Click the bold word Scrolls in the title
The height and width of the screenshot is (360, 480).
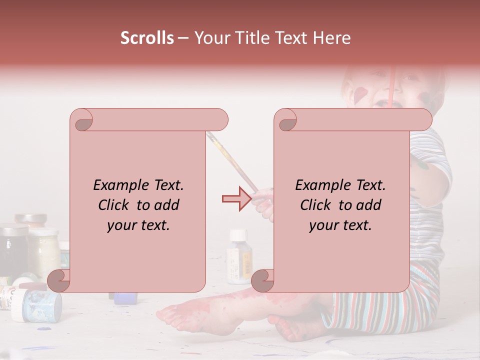(x=147, y=38)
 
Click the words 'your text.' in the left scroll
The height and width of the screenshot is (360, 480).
(x=138, y=225)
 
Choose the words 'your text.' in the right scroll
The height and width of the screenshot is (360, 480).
(x=340, y=225)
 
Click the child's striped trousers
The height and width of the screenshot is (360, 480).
(x=380, y=310)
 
